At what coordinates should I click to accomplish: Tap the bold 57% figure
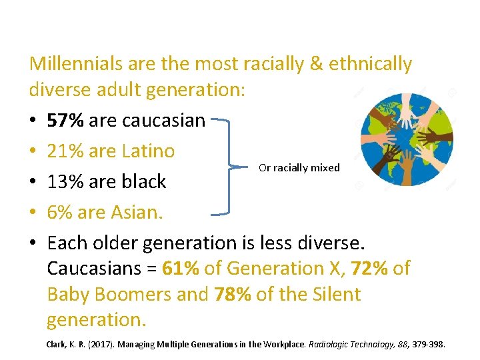tap(65, 120)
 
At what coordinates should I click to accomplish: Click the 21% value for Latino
tap(65, 151)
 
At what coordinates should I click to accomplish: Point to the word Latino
tap(149, 151)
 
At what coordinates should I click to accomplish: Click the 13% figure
tap(65, 182)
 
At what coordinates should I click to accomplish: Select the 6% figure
tap(59, 213)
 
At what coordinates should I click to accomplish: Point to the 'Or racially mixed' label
tap(299, 168)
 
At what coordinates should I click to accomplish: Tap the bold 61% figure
tap(180, 268)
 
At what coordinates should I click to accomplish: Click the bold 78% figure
tap(233, 294)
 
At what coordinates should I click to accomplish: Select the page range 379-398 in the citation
tap(429, 344)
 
